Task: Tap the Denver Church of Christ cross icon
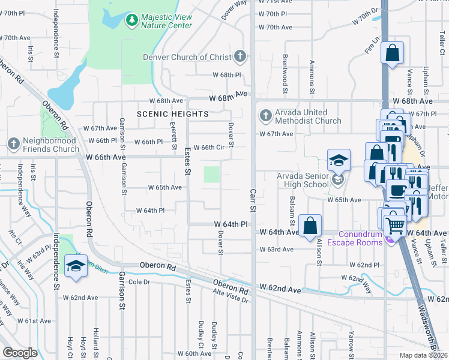[240, 57]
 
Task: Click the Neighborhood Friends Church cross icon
[14, 144]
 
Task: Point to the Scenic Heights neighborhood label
[173, 113]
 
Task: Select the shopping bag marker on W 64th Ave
[310, 227]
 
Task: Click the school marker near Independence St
[76, 266]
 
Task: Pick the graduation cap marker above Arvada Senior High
[339, 160]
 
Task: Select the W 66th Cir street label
[208, 147]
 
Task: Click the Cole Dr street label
[138, 281]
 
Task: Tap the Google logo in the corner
[20, 353]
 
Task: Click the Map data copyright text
[424, 355]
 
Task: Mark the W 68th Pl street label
[226, 75]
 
